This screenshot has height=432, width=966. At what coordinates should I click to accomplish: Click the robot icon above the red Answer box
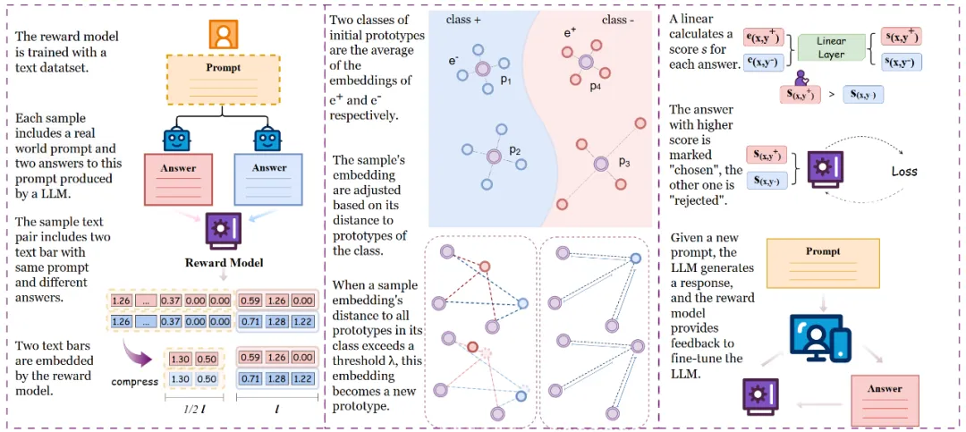(178, 139)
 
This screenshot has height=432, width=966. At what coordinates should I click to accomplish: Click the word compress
(135, 381)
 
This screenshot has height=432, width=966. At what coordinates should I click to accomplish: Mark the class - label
(619, 19)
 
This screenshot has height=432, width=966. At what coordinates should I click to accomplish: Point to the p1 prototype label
(505, 80)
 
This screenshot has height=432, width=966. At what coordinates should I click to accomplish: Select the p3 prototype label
(623, 163)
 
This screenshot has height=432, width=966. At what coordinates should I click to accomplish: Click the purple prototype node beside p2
(493, 157)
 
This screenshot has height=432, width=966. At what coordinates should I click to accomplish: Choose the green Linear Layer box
(830, 48)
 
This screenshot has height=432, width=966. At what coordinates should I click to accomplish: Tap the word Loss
(903, 171)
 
